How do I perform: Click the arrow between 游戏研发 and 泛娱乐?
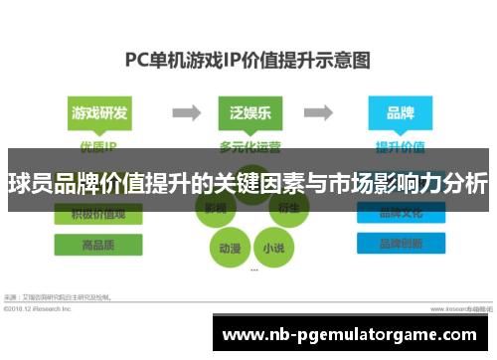180,113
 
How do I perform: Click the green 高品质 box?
97,245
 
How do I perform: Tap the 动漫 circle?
230,246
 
